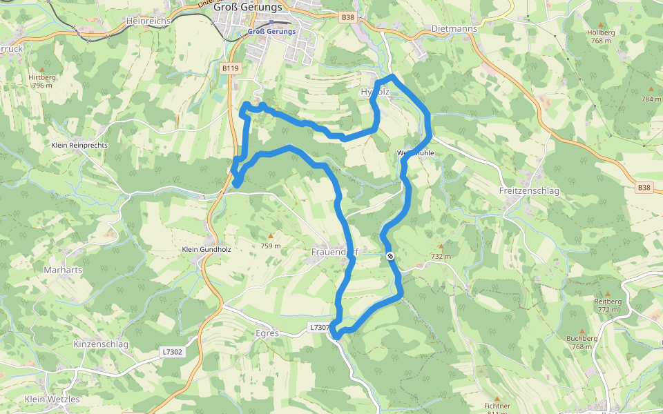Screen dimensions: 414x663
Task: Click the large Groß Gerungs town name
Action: [x=248, y=8]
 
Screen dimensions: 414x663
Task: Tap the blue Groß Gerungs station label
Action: [x=272, y=32]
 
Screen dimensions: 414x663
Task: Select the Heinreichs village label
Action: [x=148, y=21]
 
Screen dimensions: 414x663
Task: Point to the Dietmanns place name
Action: [x=453, y=29]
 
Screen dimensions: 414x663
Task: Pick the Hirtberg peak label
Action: [x=42, y=78]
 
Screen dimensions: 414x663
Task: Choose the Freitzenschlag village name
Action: [x=528, y=190]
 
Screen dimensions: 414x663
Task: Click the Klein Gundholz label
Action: [x=206, y=249]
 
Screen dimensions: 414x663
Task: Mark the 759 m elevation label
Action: [x=271, y=246]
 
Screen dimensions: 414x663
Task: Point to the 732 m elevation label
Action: [x=441, y=256]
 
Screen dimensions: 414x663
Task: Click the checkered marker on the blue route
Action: [x=390, y=257]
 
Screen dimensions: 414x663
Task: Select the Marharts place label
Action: [x=63, y=270]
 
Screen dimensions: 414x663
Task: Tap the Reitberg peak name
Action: [x=608, y=302]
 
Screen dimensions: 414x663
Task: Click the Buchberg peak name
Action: [x=582, y=338]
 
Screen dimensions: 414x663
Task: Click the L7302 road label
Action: [x=173, y=352]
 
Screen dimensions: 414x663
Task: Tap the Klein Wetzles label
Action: [x=52, y=399]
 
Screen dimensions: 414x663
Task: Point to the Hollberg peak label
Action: [x=601, y=32]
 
